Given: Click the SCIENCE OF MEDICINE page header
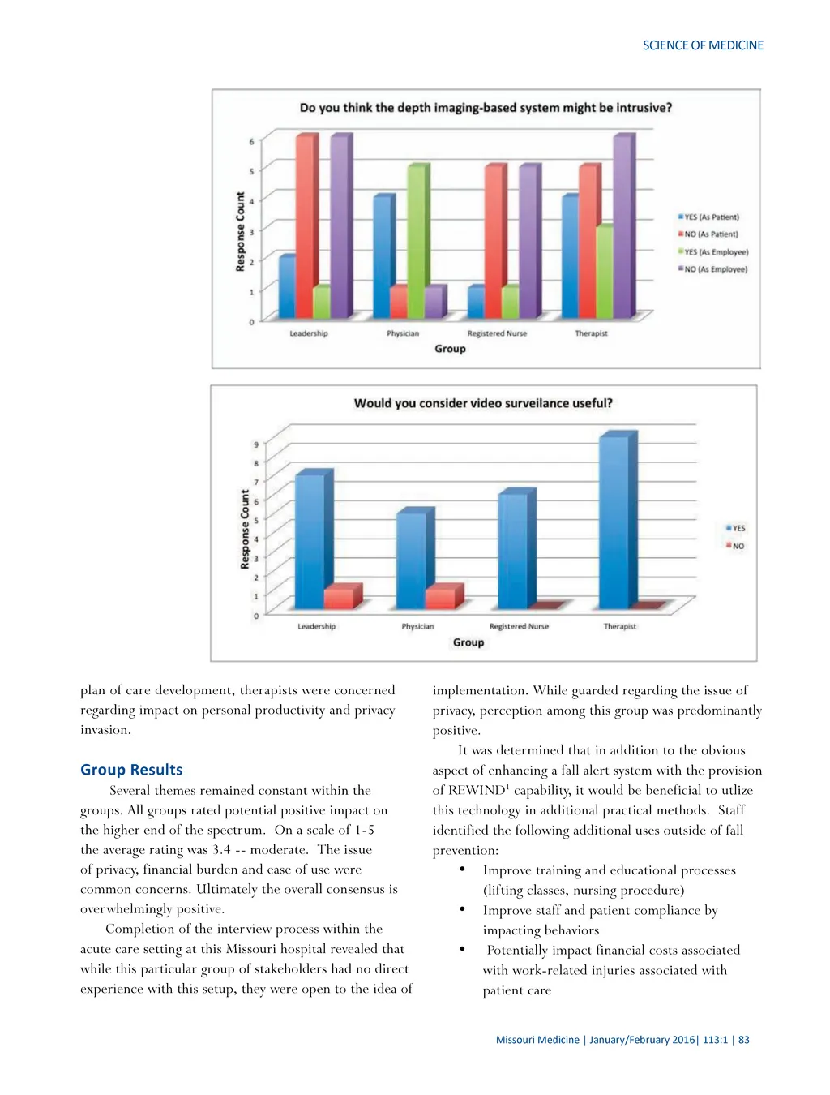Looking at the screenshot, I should [x=703, y=45].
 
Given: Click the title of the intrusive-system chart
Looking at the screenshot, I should [x=486, y=108].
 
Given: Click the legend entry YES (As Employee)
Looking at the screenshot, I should [x=716, y=252].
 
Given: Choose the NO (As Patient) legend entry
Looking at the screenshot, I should [x=711, y=234].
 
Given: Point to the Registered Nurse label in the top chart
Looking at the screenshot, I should [x=497, y=333].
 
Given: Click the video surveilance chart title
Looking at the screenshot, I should [x=483, y=403].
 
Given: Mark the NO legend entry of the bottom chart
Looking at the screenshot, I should [x=738, y=547].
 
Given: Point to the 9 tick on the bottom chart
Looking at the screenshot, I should [x=256, y=444].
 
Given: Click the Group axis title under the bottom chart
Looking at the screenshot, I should [x=468, y=642].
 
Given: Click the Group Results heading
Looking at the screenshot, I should [x=131, y=770].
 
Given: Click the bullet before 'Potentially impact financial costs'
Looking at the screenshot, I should [x=462, y=948].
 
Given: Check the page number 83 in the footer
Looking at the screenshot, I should [x=744, y=1040].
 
